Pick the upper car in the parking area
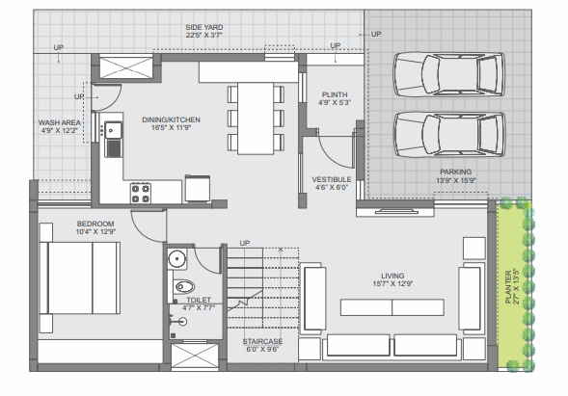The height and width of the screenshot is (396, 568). point(449,72)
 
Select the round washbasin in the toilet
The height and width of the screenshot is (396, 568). point(176,258)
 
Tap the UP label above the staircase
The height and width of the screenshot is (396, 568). point(244,243)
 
